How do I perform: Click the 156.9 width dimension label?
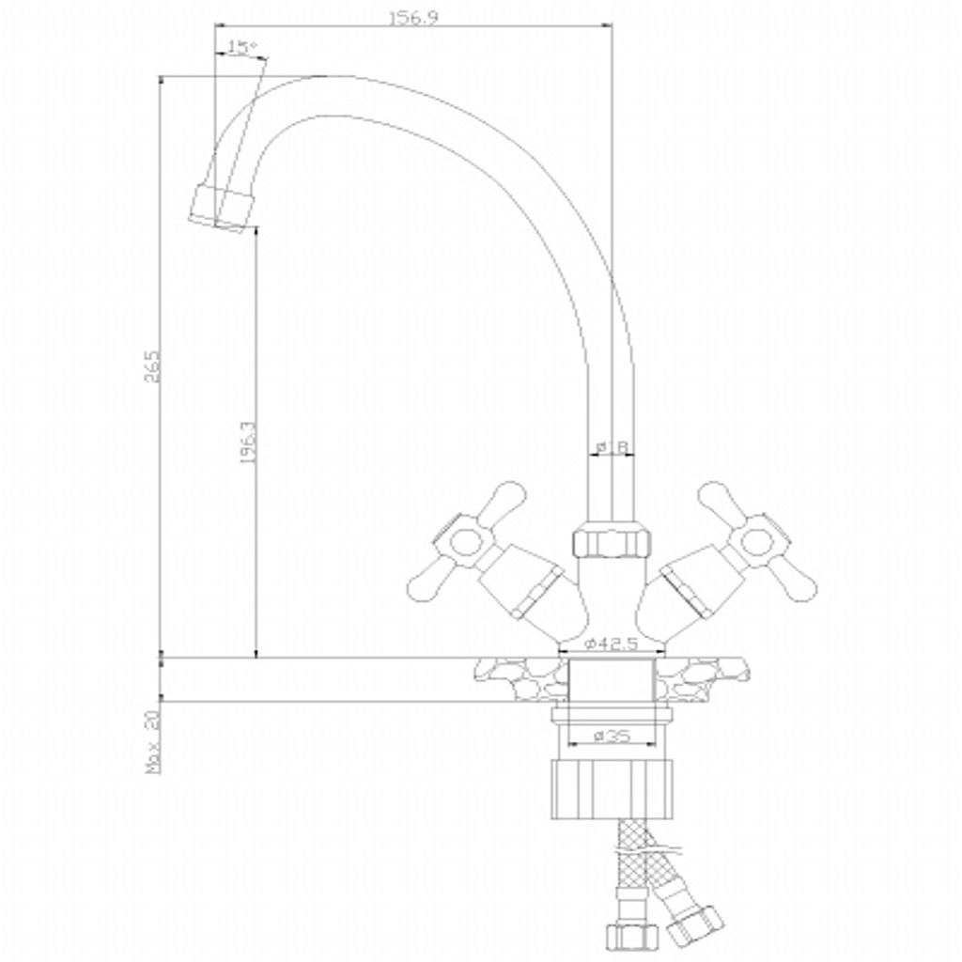pos(412,17)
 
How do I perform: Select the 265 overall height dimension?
pos(153,367)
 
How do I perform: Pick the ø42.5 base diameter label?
pos(611,644)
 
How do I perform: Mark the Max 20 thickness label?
pos(153,741)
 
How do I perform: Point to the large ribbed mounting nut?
pos(611,787)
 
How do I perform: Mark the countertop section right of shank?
pos(706,676)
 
